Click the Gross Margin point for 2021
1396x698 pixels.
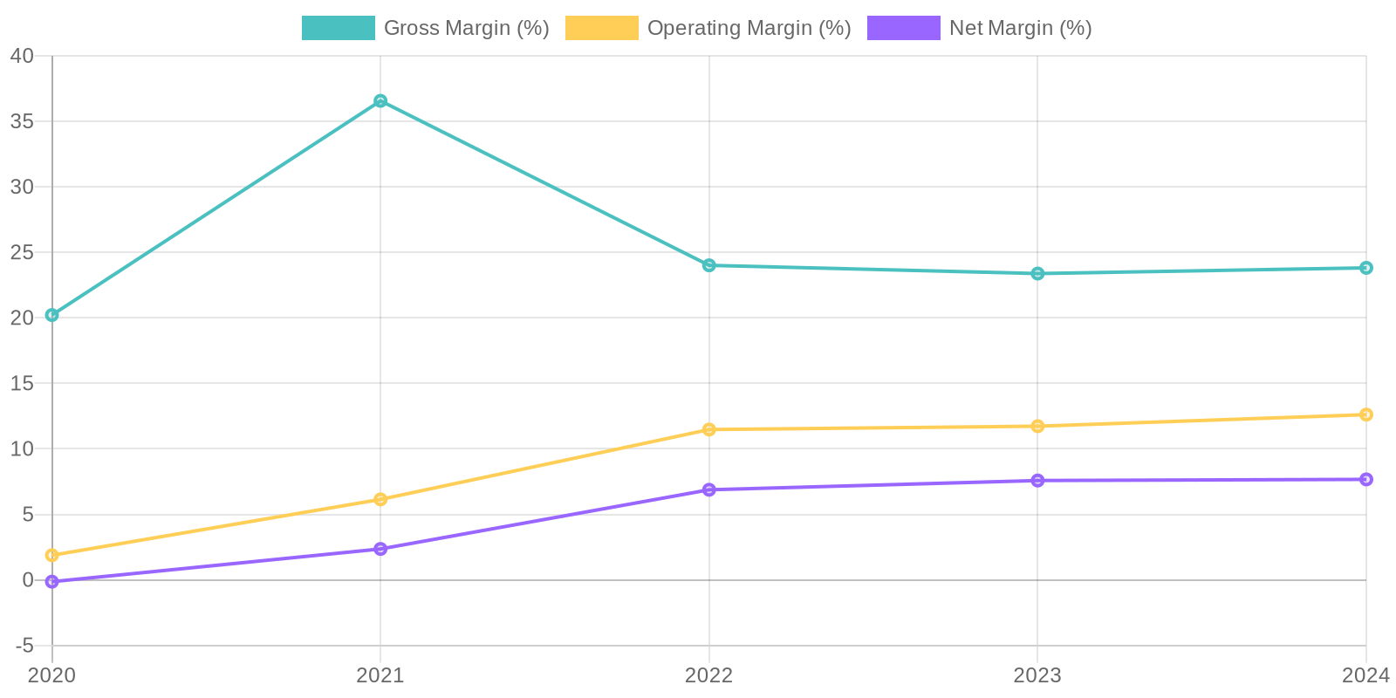380,101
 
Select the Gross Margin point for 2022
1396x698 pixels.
709,265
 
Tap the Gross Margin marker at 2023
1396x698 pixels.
1037,273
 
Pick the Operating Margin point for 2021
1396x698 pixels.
380,499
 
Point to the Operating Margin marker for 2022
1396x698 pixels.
709,429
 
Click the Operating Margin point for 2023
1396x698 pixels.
1037,426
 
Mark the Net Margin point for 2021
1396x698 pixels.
380,549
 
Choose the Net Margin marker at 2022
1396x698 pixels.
709,489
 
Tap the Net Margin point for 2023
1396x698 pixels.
1037,480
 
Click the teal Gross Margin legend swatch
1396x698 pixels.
339,28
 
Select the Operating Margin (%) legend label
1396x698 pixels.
749,28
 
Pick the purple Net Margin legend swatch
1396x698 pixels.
903,28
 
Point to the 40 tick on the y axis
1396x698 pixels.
22,56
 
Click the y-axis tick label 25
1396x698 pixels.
22,252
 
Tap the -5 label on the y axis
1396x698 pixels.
24,646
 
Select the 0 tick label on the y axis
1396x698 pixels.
28,580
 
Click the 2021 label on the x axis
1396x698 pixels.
380,675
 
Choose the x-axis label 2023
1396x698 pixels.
1037,675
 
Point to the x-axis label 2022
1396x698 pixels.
709,675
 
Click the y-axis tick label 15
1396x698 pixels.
22,383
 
